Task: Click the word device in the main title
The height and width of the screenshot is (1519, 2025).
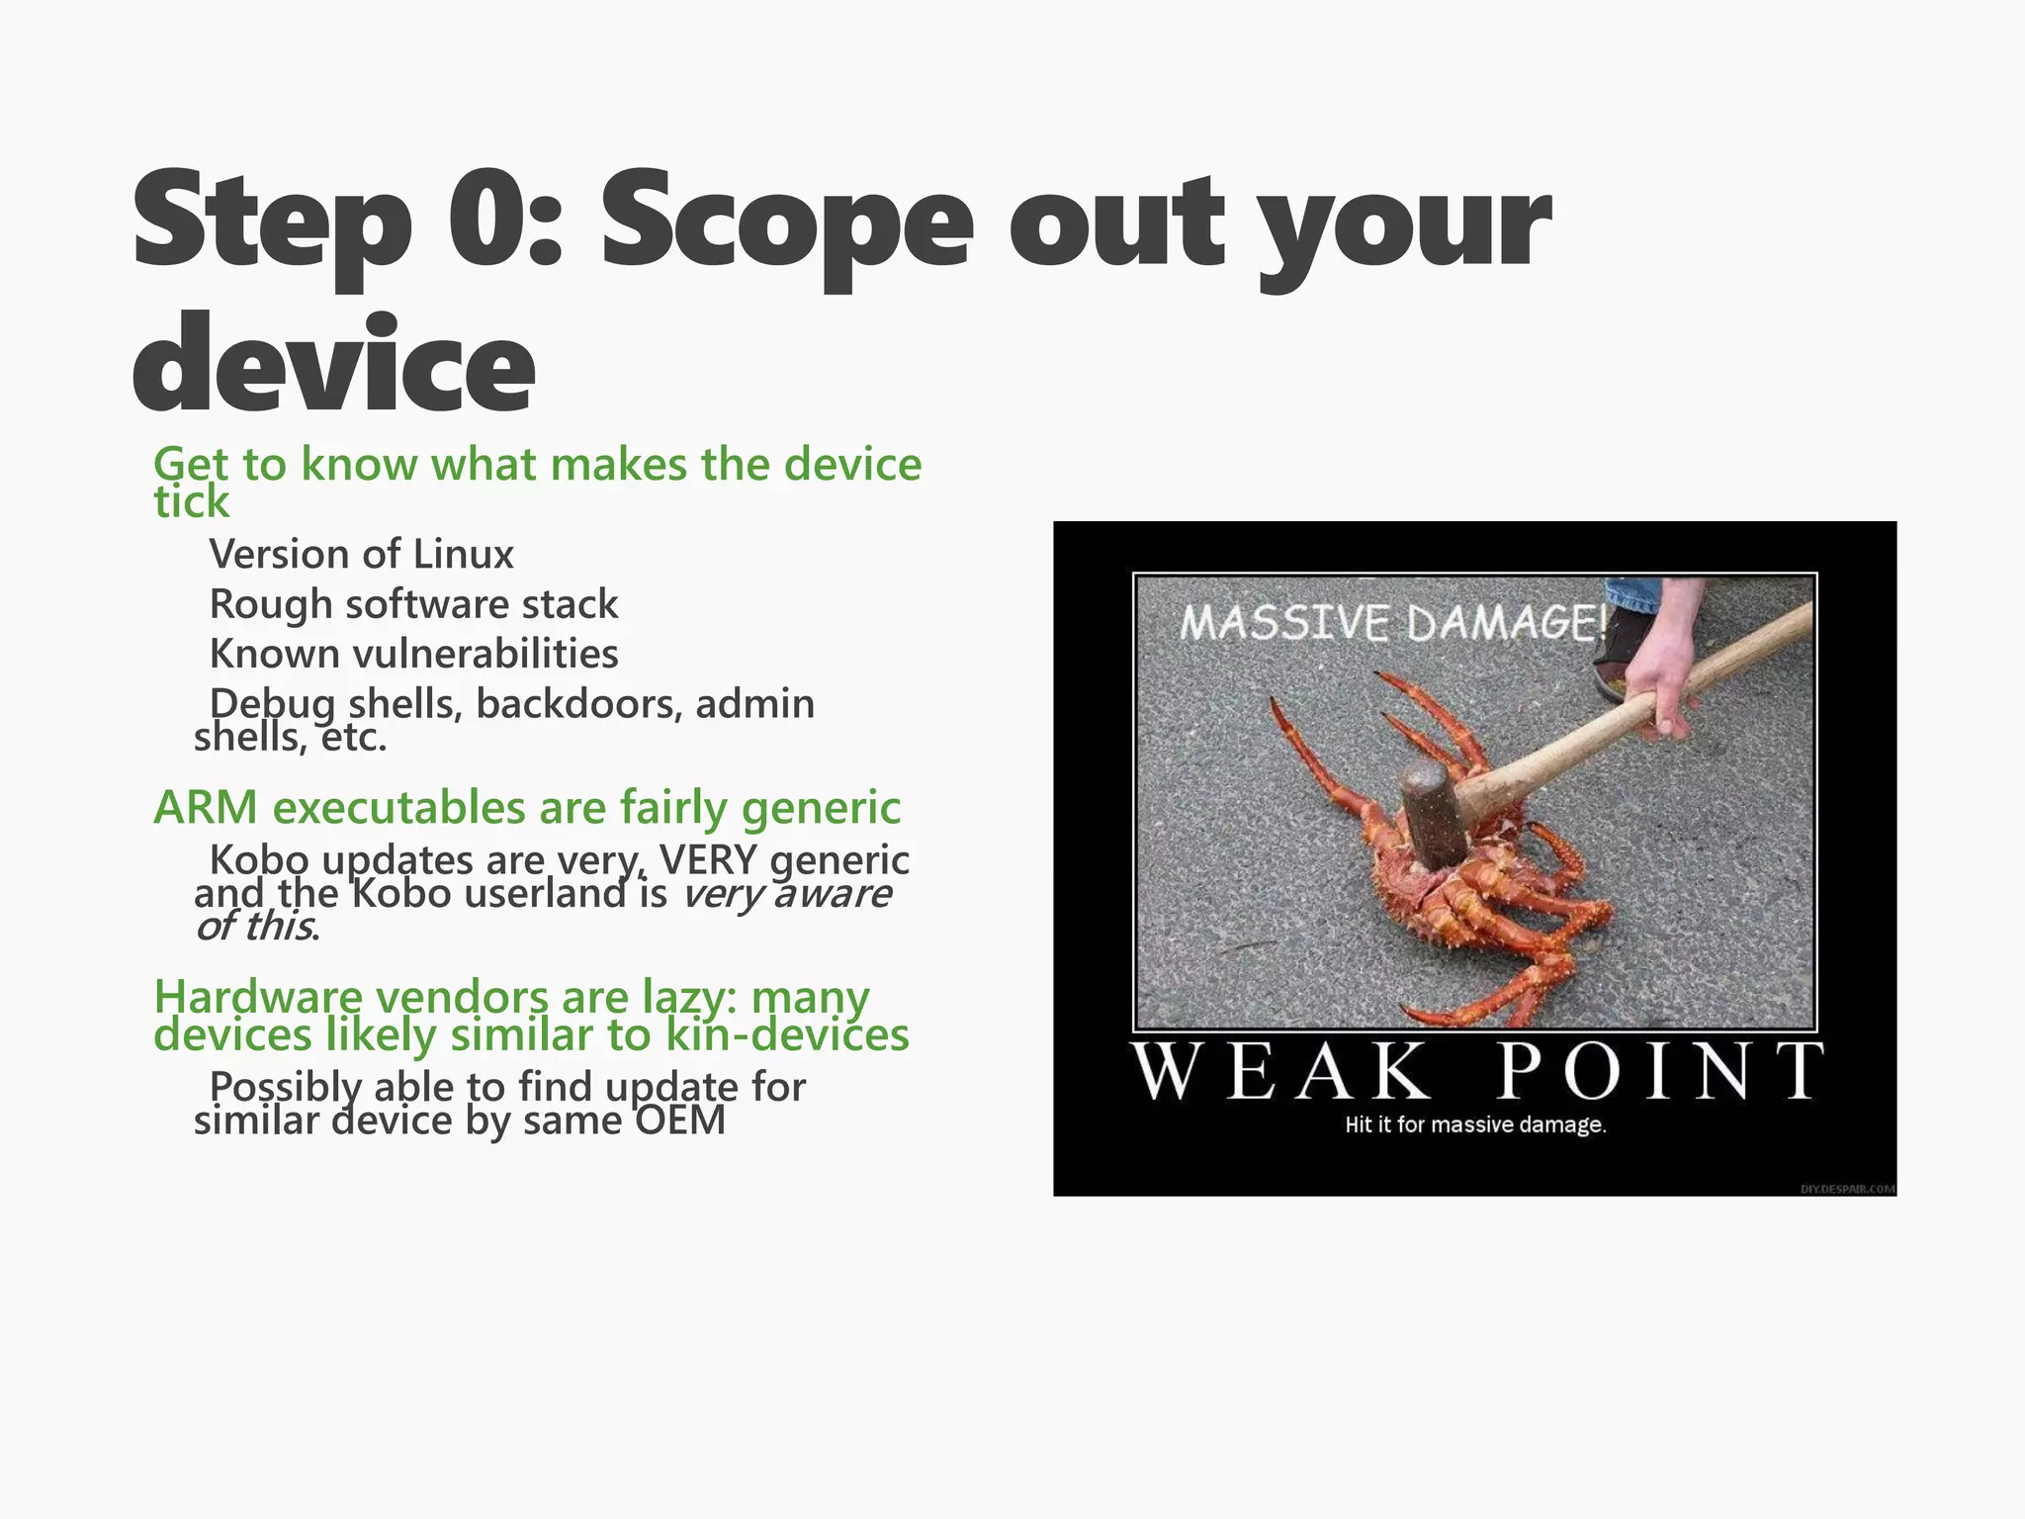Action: (x=333, y=364)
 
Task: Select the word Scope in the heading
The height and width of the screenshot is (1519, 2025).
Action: (x=786, y=220)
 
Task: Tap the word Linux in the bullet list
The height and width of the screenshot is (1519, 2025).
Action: (x=463, y=554)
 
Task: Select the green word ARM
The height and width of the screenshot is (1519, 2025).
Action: (x=206, y=808)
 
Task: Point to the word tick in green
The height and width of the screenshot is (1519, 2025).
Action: (x=191, y=501)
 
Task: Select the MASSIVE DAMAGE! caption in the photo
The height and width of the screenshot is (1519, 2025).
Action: (x=1392, y=624)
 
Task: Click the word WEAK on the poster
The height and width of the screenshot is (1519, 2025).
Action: (x=1281, y=1071)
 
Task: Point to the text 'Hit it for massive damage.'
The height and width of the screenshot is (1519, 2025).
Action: (x=1474, y=1125)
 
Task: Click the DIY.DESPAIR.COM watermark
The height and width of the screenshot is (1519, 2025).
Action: (x=1846, y=1189)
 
